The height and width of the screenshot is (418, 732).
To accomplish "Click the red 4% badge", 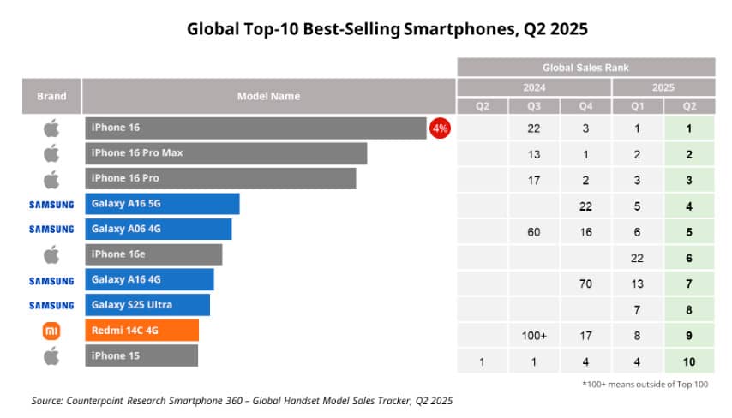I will click(440, 128).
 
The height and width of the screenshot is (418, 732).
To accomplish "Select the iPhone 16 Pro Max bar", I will click(226, 153).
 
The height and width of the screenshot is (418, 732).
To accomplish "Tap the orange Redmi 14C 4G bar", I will click(142, 331).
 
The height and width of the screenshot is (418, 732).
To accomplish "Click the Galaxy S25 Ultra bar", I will click(147, 305).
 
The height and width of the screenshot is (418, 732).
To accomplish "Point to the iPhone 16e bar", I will click(153, 254).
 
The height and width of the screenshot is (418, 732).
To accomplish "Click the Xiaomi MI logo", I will click(51, 331).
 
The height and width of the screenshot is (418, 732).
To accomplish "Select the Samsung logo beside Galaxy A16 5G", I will click(51, 204).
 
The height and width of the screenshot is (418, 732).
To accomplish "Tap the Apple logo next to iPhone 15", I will click(51, 355).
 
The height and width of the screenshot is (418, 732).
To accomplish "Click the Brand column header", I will click(51, 96).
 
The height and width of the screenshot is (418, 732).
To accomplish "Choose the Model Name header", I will click(268, 96).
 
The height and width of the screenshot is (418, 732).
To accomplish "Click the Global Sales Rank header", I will click(586, 67).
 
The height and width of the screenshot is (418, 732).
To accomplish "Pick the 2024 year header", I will click(534, 87).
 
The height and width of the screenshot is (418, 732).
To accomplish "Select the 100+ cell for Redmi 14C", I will click(534, 336).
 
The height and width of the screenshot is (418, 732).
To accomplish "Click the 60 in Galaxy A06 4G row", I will click(534, 232).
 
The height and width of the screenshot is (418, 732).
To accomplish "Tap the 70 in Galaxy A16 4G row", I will click(585, 284).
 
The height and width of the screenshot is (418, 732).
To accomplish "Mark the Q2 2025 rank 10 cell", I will click(689, 361).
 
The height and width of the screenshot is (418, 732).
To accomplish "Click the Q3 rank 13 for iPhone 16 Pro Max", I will click(534, 154).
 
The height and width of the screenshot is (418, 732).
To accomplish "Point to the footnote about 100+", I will click(645, 384).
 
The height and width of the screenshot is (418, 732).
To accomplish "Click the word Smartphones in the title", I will click(453, 29).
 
